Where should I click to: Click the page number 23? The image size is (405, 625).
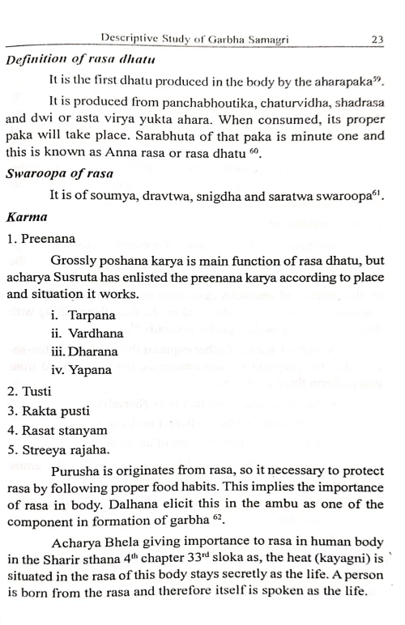[377, 37]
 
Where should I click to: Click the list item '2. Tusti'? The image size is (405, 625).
[32, 391]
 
